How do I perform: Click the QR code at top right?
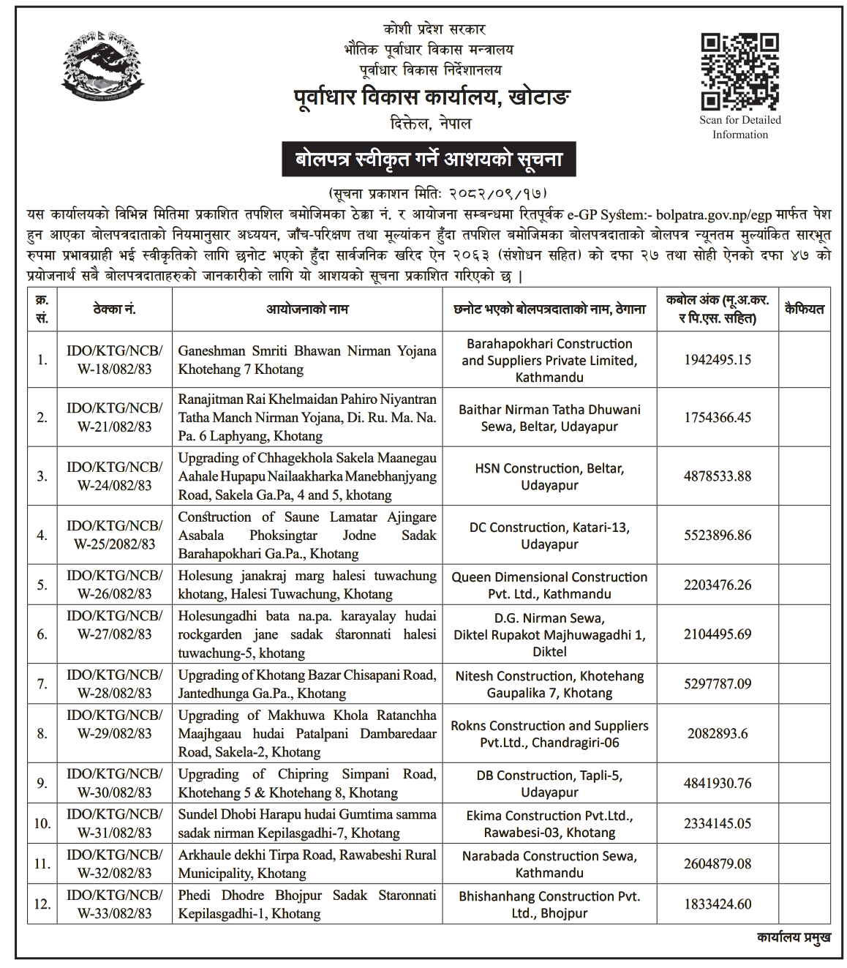pos(739,71)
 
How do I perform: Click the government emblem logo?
pos(103,66)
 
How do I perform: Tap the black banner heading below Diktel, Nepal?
pos(429,159)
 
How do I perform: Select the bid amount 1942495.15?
pos(717,360)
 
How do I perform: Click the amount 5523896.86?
pos(717,535)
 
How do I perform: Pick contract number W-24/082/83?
pos(114,476)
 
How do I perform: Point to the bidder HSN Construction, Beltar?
pos(549,476)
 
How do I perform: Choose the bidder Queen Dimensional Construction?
pos(549,585)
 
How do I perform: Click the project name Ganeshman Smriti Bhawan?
pos(306,360)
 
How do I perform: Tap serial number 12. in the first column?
pos(42,904)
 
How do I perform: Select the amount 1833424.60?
pos(717,904)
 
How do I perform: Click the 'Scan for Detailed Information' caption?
pos(739,127)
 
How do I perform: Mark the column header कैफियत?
pos(804,309)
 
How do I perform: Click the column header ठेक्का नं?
pos(114,309)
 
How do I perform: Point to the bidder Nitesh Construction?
pos(549,684)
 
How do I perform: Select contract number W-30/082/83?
pos(114,783)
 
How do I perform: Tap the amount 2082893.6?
pos(717,733)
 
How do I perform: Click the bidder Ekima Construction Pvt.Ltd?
pos(549,824)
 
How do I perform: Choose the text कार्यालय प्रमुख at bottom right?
pos(793,937)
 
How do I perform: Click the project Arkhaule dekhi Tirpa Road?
pos(306,864)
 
